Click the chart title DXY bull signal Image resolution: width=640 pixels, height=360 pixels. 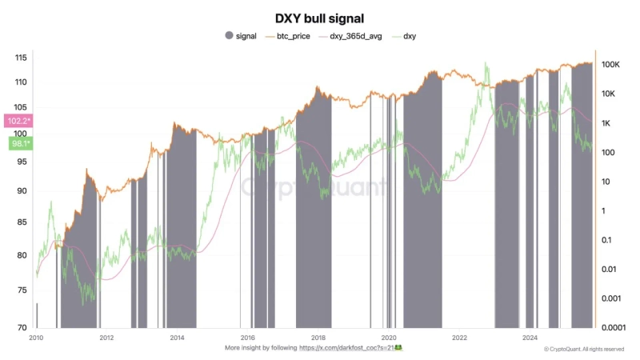point(319,18)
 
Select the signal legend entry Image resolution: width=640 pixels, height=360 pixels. point(240,37)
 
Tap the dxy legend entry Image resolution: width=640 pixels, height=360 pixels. point(408,37)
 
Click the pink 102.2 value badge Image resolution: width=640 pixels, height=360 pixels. point(18,121)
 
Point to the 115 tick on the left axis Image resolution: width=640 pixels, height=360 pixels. point(21,58)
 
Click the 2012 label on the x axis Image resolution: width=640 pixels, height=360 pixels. point(106,338)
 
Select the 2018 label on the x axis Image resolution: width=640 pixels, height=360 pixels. point(318,338)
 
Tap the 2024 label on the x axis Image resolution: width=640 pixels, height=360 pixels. point(530,338)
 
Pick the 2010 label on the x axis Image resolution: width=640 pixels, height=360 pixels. point(36,338)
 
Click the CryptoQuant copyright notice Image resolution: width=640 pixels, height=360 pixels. point(585,350)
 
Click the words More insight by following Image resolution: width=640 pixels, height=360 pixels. point(260,349)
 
